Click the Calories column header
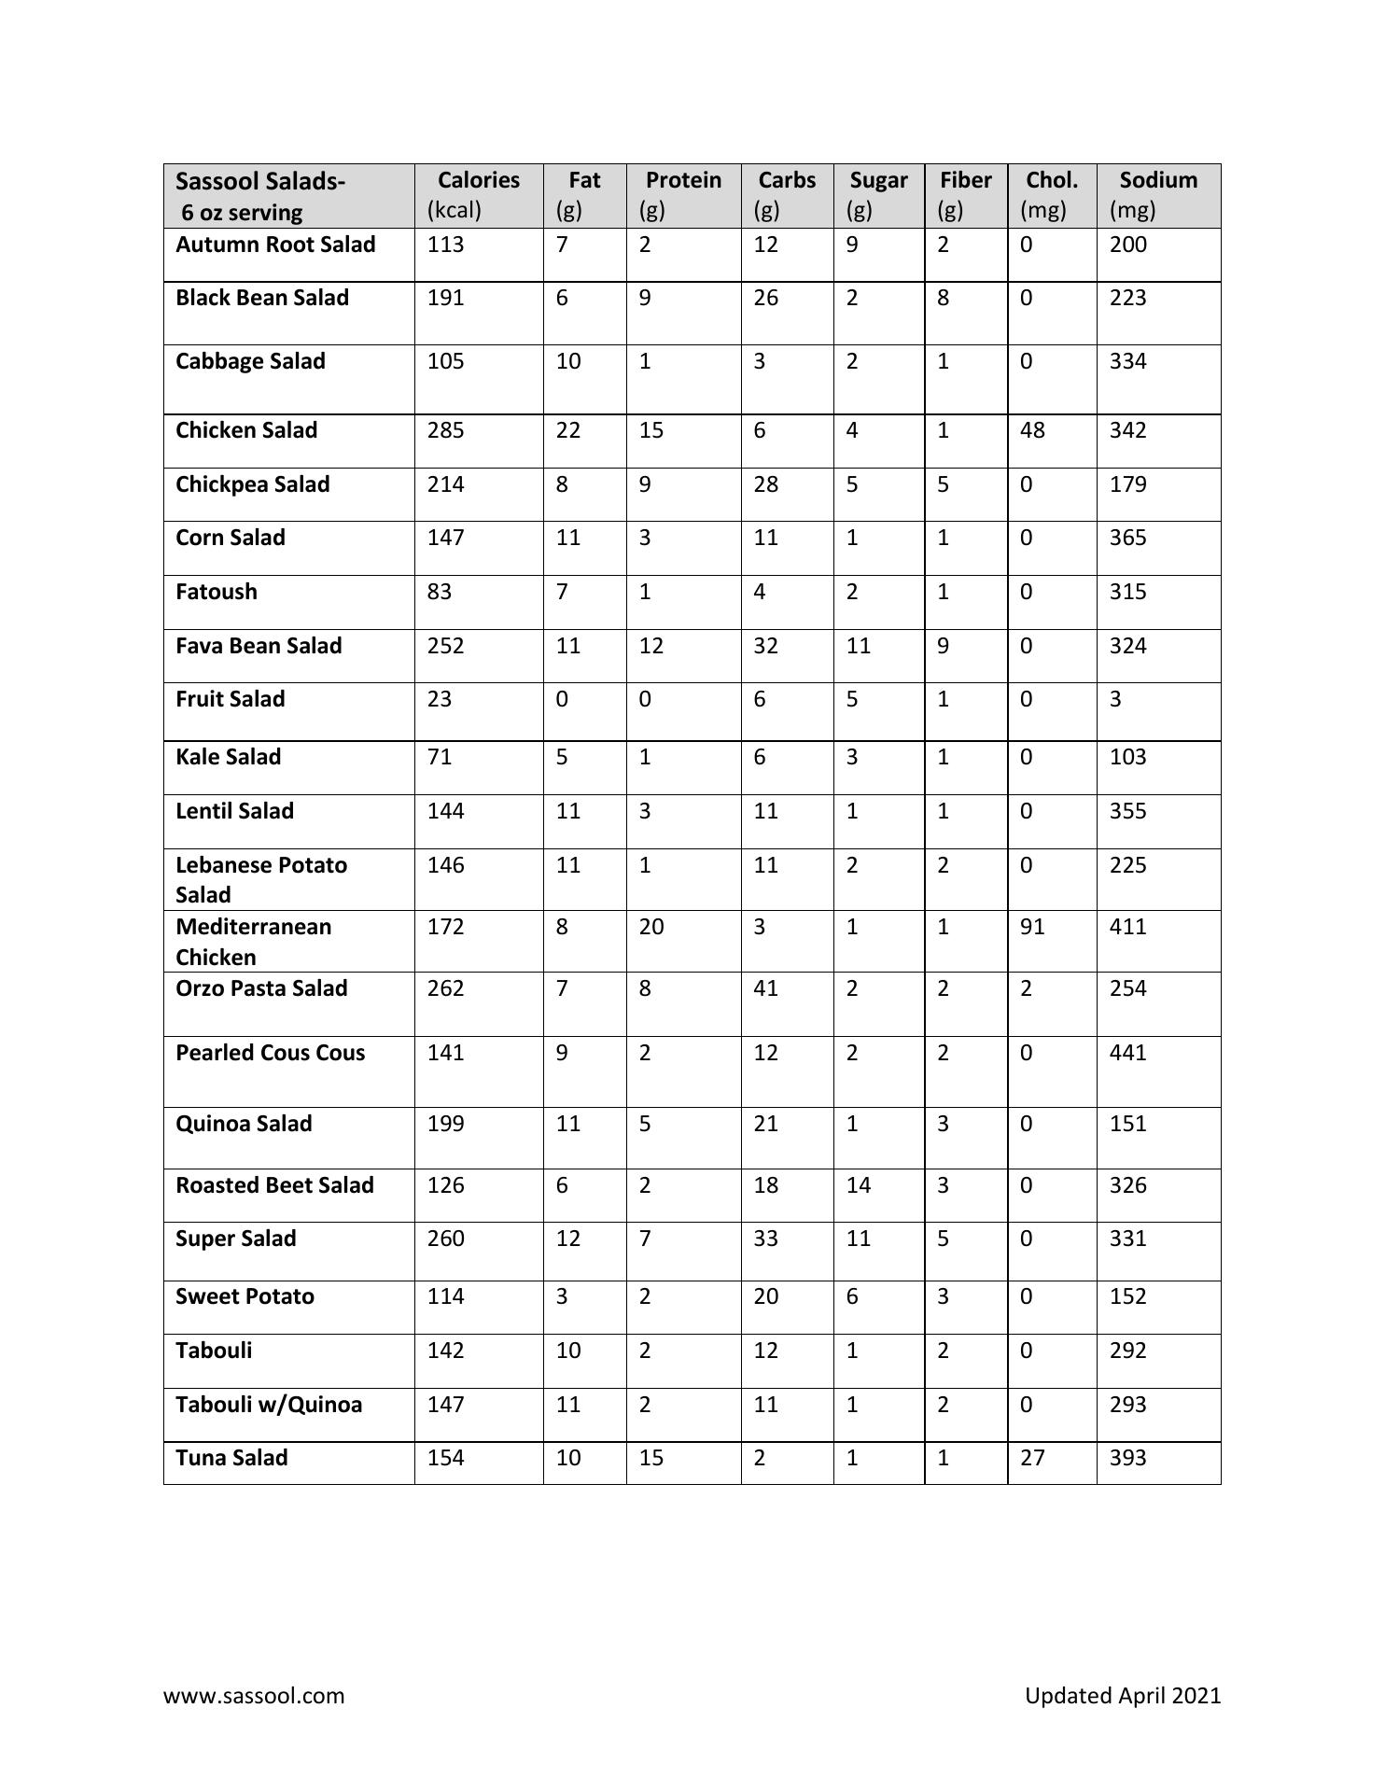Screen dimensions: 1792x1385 click(x=478, y=180)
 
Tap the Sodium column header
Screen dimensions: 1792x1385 click(x=1157, y=180)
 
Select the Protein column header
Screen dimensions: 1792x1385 click(x=683, y=180)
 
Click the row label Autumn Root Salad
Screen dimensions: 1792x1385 click(x=275, y=245)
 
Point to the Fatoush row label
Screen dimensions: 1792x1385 click(x=217, y=592)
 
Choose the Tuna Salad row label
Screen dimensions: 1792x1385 click(x=231, y=1458)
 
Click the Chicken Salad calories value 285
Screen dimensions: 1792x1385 click(x=445, y=430)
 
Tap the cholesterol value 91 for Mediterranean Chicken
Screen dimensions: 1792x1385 click(x=1032, y=927)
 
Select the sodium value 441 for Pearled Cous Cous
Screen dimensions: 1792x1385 click(x=1127, y=1053)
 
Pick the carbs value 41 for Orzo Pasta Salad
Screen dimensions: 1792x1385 click(x=765, y=988)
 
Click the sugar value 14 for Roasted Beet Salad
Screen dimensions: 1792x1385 click(x=858, y=1185)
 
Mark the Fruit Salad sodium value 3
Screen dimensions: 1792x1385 click(x=1115, y=699)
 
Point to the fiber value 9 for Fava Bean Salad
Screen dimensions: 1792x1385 click(x=943, y=646)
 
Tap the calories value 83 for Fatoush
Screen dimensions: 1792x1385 click(x=439, y=592)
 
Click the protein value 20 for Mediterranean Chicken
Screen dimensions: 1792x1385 click(x=651, y=927)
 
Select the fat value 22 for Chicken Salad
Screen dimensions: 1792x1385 click(x=567, y=430)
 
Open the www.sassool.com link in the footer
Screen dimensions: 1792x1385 click(x=254, y=1696)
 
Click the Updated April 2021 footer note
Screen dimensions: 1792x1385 click(x=1122, y=1696)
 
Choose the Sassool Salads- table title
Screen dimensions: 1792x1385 click(x=260, y=181)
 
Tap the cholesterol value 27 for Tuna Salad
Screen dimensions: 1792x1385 click(x=1032, y=1458)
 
